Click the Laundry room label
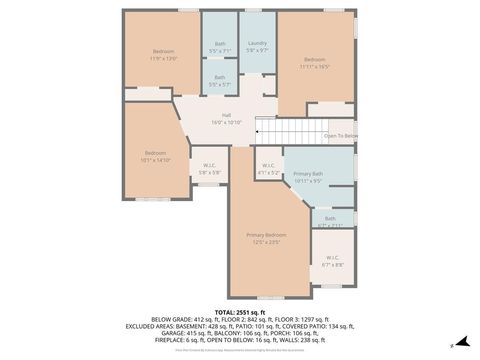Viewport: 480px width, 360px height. coord(257,44)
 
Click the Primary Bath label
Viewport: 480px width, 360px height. coord(308,175)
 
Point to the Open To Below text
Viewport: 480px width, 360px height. coord(340,135)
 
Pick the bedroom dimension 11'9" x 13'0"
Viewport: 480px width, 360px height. coord(163,57)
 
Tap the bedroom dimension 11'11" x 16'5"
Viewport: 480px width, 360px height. coord(314,65)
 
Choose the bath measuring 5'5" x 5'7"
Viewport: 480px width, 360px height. coord(219,84)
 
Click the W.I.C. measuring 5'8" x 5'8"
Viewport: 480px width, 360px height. coord(209,172)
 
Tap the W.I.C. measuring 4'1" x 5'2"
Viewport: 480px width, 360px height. coord(268,172)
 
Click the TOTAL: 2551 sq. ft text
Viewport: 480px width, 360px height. coord(240,311)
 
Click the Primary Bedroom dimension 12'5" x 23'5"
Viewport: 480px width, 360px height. coord(267,241)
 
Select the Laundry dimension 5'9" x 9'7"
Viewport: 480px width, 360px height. coord(257,50)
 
